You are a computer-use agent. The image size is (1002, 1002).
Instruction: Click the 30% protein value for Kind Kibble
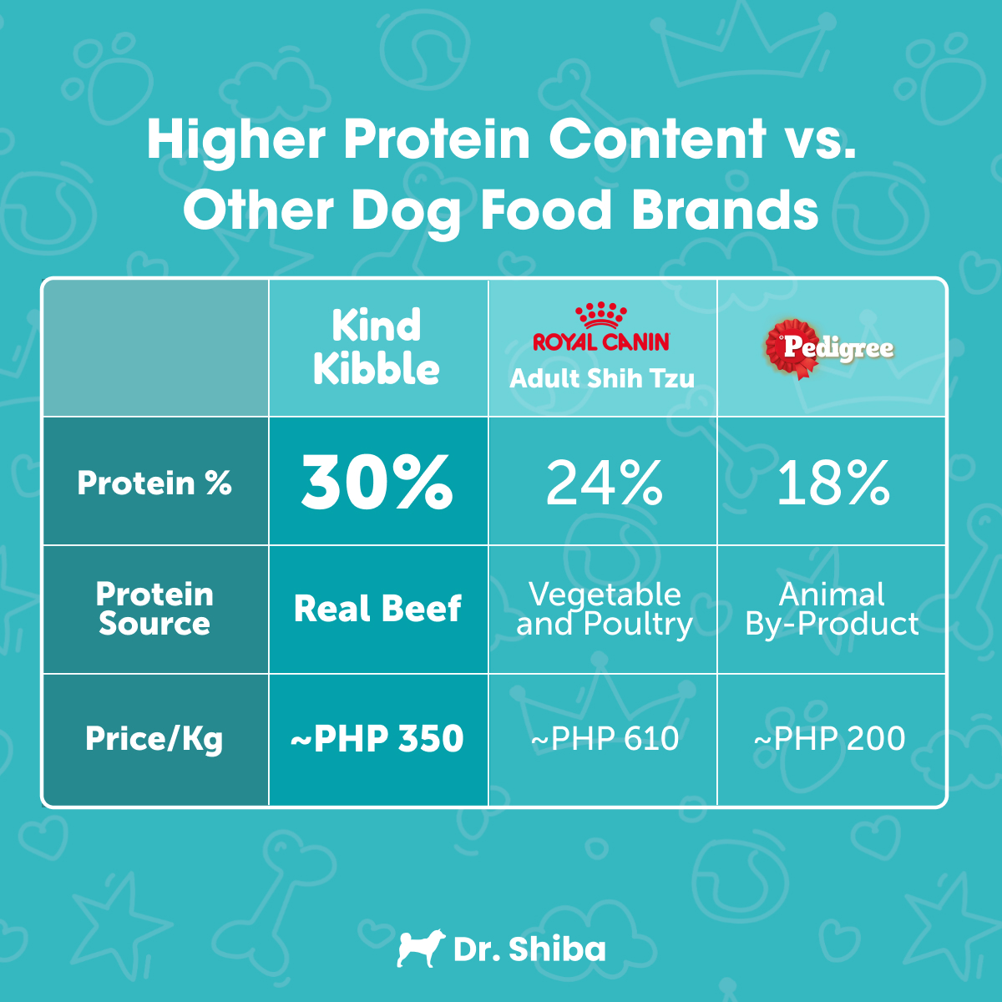[x=377, y=482]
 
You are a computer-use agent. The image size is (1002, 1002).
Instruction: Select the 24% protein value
[x=604, y=483]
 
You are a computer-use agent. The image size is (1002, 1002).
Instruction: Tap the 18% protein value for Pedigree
[x=832, y=483]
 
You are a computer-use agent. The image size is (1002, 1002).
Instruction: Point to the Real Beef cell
[x=377, y=609]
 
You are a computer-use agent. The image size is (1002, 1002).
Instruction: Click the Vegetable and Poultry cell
[x=604, y=609]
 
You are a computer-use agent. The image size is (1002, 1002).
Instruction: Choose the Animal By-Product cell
[x=832, y=609]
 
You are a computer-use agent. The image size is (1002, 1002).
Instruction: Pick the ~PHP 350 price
[x=377, y=739]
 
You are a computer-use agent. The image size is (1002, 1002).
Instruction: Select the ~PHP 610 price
[x=605, y=739]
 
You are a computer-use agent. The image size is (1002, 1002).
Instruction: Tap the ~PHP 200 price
[x=830, y=739]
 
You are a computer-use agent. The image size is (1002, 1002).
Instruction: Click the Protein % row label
[x=154, y=483]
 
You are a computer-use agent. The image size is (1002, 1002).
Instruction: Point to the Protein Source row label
[x=154, y=609]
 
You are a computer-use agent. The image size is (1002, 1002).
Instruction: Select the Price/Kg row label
[x=154, y=739]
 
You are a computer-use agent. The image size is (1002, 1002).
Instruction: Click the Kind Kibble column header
[x=377, y=347]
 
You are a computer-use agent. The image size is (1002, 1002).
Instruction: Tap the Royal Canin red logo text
[x=601, y=342]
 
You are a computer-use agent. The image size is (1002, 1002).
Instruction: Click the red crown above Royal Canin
[x=601, y=315]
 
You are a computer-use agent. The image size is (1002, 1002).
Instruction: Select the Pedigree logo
[x=829, y=347]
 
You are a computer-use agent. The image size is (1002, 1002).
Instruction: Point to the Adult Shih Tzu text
[x=602, y=378]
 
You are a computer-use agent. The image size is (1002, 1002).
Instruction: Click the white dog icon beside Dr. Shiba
[x=417, y=949]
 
